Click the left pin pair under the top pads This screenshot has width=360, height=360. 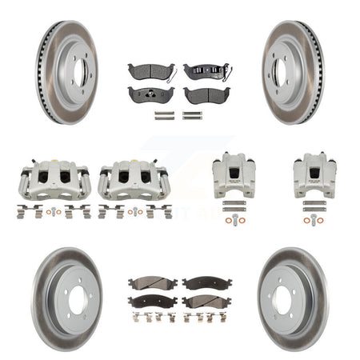pyautogui.click(x=165, y=115)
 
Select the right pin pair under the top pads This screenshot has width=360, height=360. pyautogui.click(x=191, y=115)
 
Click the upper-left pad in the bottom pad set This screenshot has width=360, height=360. pyautogui.click(x=153, y=283)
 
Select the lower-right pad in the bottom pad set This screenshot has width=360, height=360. pyautogui.click(x=206, y=301)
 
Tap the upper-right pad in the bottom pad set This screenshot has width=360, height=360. pyautogui.click(x=206, y=283)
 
